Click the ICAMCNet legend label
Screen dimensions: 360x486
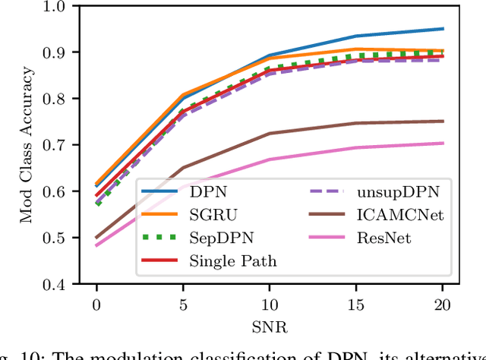tap(389, 215)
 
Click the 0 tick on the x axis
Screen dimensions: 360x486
tap(96, 304)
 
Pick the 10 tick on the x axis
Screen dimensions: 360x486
tap(270, 304)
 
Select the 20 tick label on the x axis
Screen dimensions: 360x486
tap(443, 304)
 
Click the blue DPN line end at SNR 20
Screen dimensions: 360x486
tap(443, 29)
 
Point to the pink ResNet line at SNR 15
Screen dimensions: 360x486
tap(356, 147)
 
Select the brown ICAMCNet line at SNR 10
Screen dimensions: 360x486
tap(270, 134)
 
